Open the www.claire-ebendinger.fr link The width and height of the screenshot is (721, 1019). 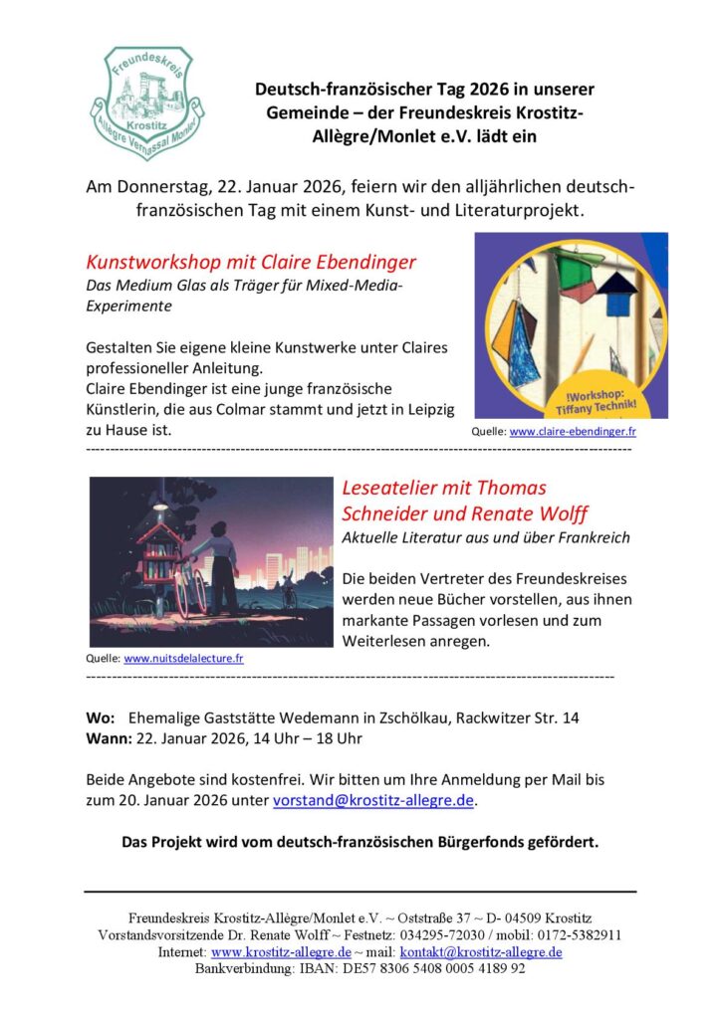click(x=573, y=432)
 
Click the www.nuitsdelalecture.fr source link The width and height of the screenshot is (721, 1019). click(x=183, y=658)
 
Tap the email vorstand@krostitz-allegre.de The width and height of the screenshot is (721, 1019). click(x=374, y=800)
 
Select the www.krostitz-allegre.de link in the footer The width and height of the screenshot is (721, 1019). click(x=281, y=952)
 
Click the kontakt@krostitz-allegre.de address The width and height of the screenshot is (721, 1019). click(x=481, y=952)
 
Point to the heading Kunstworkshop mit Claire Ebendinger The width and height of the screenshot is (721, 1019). click(x=251, y=263)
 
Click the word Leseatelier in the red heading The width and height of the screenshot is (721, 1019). click(x=389, y=488)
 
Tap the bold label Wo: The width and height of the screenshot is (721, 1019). click(x=101, y=717)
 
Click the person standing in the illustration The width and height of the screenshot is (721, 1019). click(x=221, y=564)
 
